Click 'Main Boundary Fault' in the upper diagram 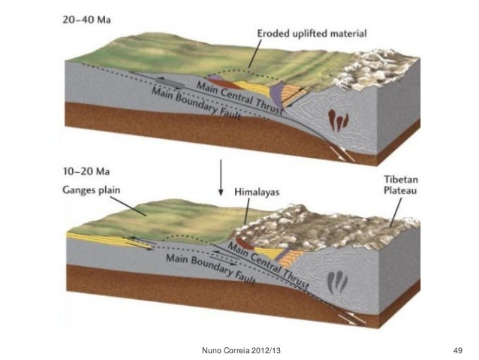tap(199, 104)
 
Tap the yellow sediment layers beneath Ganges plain tap(105, 239)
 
